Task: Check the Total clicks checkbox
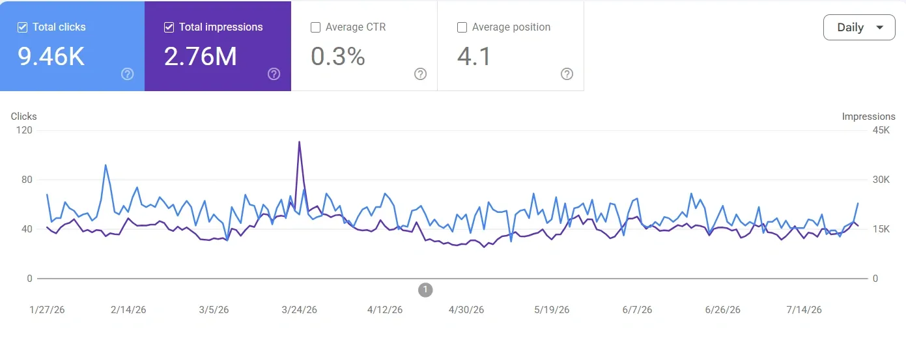[x=23, y=27]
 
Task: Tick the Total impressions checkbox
[x=169, y=27]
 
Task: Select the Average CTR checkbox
[x=315, y=27]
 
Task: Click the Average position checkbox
[x=462, y=27]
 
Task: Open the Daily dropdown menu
[x=859, y=27]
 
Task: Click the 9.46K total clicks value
[x=51, y=56]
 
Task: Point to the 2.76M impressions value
[x=200, y=56]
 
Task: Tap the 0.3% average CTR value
[x=338, y=56]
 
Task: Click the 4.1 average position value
[x=474, y=56]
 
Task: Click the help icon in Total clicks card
[x=128, y=74]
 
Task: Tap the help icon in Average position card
[x=567, y=74]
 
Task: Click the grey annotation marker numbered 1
[x=425, y=290]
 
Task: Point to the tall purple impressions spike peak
[x=300, y=142]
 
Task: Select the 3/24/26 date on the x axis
[x=300, y=310]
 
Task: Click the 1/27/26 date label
[x=47, y=310]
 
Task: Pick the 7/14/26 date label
[x=804, y=310]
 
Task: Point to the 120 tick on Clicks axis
[x=24, y=130]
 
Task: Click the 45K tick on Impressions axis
[x=881, y=130]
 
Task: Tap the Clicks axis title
[x=23, y=117]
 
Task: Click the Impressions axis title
[x=868, y=117]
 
